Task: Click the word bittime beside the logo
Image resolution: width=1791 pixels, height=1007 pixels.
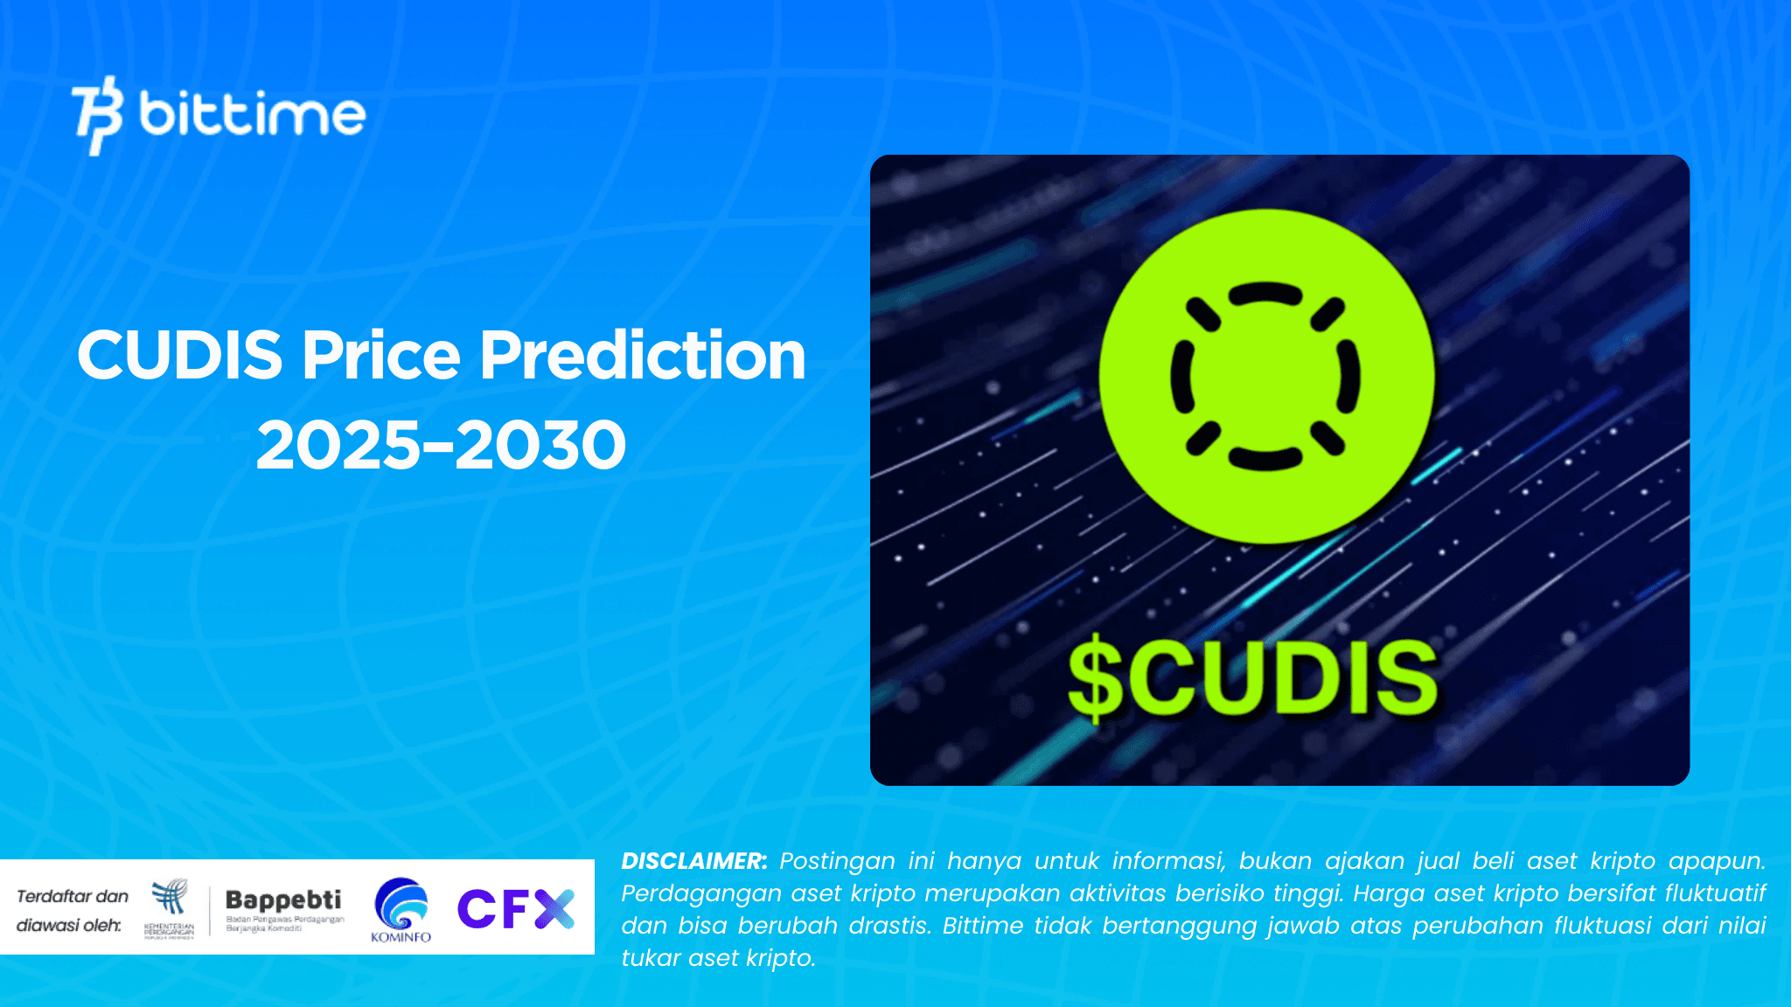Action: pos(252,115)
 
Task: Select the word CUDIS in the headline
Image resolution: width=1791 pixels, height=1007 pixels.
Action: pos(179,356)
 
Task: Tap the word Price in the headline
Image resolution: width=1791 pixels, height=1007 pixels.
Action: pos(381,356)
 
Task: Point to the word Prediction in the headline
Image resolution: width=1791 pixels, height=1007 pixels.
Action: pos(643,356)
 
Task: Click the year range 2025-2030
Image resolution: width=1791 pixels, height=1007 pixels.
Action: pos(441,445)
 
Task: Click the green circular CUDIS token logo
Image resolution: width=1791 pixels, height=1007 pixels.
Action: pos(1266,376)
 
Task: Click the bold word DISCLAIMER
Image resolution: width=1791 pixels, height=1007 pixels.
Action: pos(693,861)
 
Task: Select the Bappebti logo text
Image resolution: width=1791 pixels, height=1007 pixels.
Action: pos(283,899)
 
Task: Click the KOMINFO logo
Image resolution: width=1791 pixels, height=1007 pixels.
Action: pos(401,910)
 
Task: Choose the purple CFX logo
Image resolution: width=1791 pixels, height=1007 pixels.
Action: pos(515,908)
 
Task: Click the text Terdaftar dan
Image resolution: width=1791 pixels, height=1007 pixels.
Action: pos(73,896)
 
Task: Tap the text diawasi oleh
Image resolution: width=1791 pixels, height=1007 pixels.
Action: pos(68,925)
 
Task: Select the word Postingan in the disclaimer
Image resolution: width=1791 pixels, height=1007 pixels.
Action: pos(837,861)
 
